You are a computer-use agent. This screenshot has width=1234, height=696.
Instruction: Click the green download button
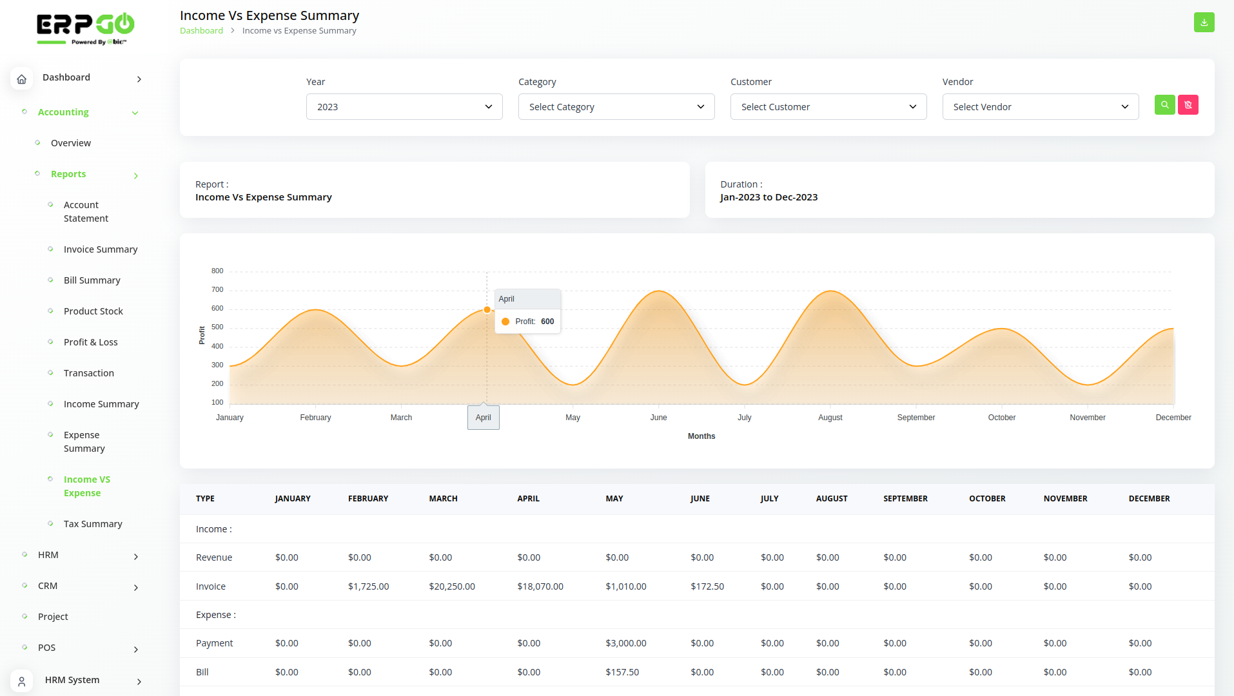(x=1204, y=22)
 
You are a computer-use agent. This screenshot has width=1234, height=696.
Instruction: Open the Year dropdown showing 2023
(x=404, y=107)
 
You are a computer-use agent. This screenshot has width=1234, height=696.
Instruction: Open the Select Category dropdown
(x=616, y=107)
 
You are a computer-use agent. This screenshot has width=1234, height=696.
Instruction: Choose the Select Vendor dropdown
(x=1041, y=107)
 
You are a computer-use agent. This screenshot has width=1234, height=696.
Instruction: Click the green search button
(x=1164, y=105)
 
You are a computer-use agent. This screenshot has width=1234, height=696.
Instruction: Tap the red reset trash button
(x=1188, y=105)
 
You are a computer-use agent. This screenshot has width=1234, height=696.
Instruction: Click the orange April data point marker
(x=487, y=310)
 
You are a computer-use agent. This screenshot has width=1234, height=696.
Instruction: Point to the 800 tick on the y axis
(x=217, y=271)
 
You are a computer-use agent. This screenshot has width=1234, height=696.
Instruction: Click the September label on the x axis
(x=916, y=418)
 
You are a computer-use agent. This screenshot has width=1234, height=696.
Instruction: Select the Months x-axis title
(x=701, y=436)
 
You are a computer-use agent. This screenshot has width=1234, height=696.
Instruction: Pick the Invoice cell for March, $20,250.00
(x=452, y=586)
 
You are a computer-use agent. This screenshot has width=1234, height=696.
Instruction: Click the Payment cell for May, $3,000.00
(x=626, y=643)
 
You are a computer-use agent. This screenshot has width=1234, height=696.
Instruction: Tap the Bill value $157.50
(x=622, y=672)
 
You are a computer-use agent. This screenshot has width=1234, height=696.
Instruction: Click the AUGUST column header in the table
(x=832, y=499)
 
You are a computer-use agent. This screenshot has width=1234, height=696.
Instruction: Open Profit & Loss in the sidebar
(x=91, y=342)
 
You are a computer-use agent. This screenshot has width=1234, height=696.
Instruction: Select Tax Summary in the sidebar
(x=93, y=524)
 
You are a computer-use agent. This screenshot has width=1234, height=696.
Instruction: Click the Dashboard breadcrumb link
(x=201, y=31)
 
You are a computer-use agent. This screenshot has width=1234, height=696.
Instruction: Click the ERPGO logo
(x=85, y=28)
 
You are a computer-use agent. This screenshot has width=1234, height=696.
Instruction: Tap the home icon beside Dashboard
(x=21, y=79)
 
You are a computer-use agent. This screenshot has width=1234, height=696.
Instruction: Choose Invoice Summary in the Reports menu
(x=101, y=249)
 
